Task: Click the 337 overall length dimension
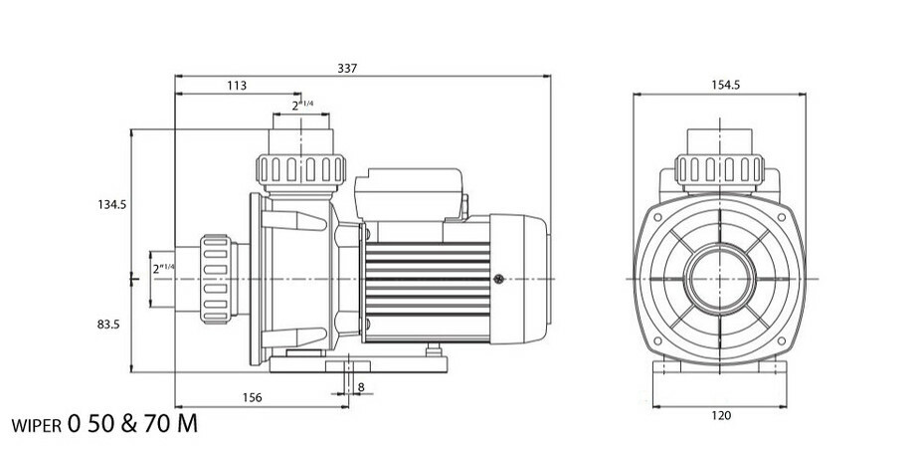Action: click(x=345, y=69)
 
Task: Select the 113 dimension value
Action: click(x=237, y=87)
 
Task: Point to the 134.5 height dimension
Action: click(x=111, y=204)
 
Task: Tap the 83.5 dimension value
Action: click(x=109, y=325)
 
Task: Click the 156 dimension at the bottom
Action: click(x=253, y=398)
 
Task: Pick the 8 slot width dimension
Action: click(x=359, y=387)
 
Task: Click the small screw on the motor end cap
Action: click(x=499, y=279)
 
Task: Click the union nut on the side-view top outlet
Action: click(x=299, y=168)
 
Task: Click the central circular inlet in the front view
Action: click(x=723, y=279)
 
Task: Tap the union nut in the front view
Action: click(x=722, y=168)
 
